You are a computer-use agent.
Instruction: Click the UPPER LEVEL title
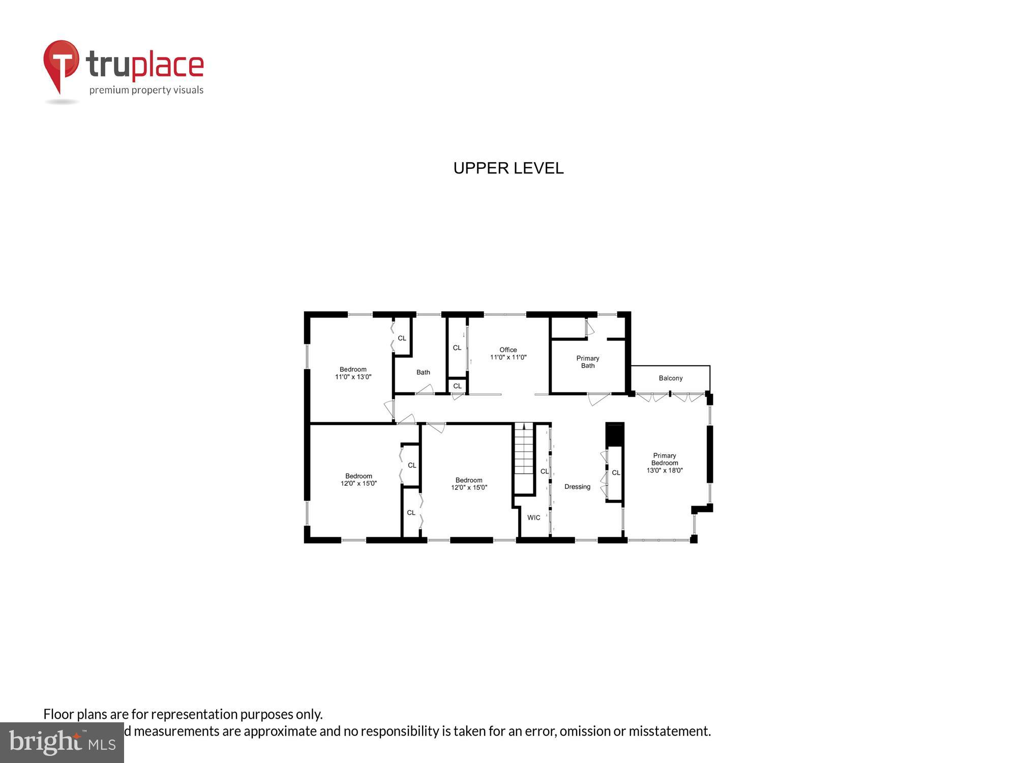(508, 168)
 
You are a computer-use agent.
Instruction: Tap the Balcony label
(670, 378)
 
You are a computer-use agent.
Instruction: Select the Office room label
(508, 349)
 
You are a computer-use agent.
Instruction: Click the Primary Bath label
(588, 362)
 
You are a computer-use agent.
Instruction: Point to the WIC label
(533, 518)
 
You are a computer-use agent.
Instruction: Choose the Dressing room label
(577, 487)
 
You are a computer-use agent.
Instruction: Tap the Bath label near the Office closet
(423, 372)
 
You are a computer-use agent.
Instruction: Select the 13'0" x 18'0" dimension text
(665, 471)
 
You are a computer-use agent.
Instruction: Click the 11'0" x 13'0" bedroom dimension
(353, 377)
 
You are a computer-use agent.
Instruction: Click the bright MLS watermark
(62, 743)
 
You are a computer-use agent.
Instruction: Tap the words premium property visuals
(146, 91)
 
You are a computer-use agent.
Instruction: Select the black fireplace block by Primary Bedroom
(615, 434)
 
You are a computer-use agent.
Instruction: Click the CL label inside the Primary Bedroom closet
(616, 473)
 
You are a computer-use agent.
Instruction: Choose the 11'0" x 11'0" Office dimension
(508, 357)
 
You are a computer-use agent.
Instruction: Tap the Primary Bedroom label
(665, 459)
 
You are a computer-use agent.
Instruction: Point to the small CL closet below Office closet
(457, 386)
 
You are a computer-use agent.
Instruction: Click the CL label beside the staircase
(544, 472)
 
